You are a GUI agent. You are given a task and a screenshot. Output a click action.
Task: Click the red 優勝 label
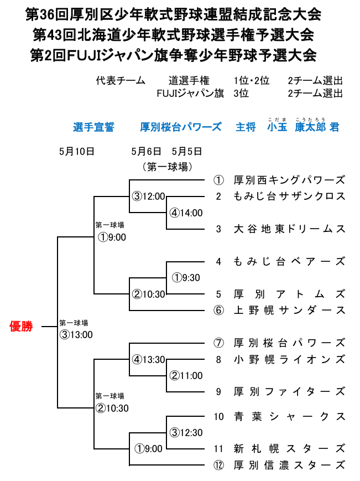22,327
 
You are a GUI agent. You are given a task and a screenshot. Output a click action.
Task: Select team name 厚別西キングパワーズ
289,180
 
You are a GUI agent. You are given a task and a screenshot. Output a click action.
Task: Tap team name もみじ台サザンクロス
289,196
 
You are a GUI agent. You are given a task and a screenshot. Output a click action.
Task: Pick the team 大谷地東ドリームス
289,229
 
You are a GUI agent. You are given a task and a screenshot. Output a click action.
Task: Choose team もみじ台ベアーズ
289,261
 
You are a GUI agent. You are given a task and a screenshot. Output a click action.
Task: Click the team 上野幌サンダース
289,310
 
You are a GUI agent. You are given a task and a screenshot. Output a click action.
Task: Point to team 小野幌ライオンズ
289,359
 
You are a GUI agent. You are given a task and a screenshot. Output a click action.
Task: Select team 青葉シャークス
289,416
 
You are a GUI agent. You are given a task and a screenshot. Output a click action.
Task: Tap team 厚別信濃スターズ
289,465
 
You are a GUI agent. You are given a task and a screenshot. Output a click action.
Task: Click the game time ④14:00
186,213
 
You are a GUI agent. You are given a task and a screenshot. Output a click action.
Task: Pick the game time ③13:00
76,334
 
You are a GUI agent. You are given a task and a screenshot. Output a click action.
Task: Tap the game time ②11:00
186,376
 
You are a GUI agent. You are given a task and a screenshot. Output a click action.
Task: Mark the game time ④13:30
148,359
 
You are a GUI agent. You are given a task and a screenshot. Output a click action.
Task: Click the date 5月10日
77,151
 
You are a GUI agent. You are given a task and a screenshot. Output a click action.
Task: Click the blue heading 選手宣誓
93,127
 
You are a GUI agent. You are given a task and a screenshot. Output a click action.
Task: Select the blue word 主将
246,127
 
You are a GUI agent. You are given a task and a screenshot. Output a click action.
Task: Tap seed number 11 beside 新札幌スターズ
219,449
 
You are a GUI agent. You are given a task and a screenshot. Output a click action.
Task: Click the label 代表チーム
120,80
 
